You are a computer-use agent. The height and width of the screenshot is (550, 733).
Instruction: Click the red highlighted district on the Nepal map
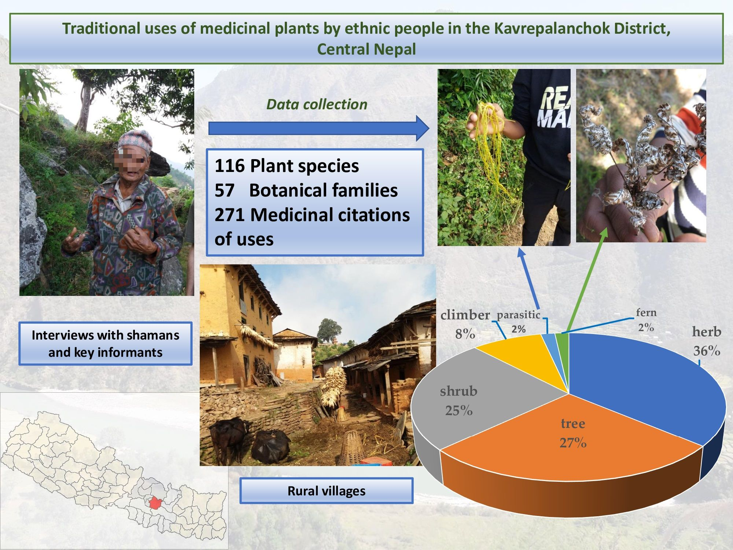tap(156, 503)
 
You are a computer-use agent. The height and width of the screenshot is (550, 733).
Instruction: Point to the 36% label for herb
tap(707, 351)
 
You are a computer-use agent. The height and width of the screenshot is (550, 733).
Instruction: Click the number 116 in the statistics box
tap(229, 166)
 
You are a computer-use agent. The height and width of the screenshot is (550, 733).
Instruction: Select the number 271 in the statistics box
tap(229, 215)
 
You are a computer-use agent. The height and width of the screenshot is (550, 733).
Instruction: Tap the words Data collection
tap(317, 104)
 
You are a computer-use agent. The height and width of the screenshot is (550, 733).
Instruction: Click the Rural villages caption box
tap(326, 491)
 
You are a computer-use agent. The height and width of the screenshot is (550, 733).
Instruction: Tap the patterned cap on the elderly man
tap(135, 140)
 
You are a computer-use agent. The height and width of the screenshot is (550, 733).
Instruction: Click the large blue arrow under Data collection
tap(319, 128)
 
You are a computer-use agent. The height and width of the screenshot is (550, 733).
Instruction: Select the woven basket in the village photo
tap(351, 448)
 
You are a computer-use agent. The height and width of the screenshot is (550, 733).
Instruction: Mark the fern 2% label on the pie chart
tap(646, 320)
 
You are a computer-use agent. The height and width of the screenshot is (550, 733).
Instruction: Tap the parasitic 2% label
tap(518, 322)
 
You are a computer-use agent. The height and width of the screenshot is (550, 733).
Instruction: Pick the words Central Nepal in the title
tap(366, 49)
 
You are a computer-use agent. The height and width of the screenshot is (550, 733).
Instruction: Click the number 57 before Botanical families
tap(224, 190)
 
